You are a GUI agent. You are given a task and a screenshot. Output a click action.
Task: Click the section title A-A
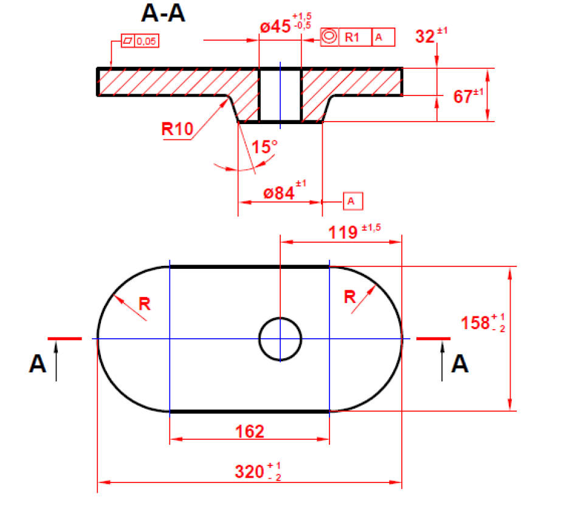(162, 13)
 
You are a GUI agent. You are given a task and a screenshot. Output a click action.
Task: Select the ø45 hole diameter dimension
(277, 28)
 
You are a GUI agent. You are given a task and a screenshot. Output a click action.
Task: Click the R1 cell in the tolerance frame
(353, 37)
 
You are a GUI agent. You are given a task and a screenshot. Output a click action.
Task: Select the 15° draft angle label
(264, 147)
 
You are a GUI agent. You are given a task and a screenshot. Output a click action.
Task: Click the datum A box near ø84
(353, 200)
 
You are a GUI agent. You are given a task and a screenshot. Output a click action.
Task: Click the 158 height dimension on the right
(480, 322)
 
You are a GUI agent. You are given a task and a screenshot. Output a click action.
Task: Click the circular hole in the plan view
(280, 338)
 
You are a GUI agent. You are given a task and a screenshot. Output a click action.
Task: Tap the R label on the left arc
(144, 302)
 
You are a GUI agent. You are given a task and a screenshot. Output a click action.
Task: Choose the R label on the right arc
(350, 297)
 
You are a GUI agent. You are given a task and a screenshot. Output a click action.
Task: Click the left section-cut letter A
(37, 364)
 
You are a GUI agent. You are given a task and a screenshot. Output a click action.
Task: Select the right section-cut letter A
(460, 364)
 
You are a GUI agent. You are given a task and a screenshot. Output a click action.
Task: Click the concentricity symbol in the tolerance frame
(329, 37)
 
